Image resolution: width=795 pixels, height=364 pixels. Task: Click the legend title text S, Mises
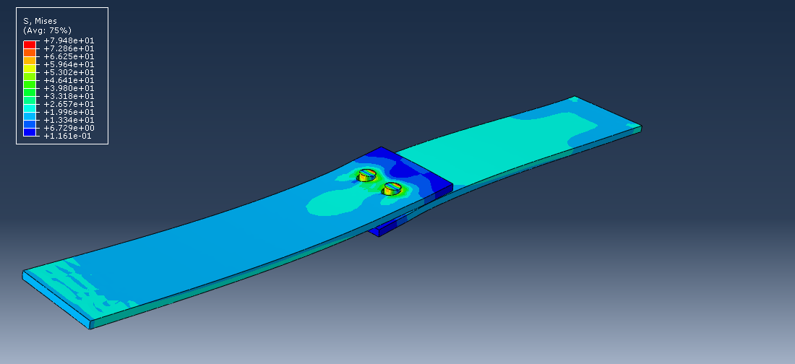tap(40, 22)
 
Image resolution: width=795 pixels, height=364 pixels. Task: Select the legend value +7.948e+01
tap(69, 41)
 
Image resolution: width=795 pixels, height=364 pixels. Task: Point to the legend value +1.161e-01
tap(69, 136)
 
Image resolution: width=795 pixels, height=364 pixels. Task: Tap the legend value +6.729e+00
tap(69, 128)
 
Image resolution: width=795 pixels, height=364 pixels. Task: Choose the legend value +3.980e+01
tap(69, 88)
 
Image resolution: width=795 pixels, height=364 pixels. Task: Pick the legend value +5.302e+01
tap(69, 72)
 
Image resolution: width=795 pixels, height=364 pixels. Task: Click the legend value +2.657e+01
tap(69, 104)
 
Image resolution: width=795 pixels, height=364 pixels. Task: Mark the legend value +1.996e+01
tap(69, 112)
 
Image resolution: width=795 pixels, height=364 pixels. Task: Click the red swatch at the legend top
tap(30, 45)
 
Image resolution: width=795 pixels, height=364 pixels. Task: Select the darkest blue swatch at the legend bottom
tap(30, 132)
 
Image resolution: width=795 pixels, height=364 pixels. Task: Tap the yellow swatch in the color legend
tap(30, 69)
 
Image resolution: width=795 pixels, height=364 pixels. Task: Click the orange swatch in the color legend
tap(30, 53)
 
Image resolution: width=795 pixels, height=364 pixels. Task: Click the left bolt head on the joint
tap(368, 174)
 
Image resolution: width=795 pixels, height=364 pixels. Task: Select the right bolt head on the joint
tap(392, 188)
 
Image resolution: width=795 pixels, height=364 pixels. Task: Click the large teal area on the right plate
tap(491, 148)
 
